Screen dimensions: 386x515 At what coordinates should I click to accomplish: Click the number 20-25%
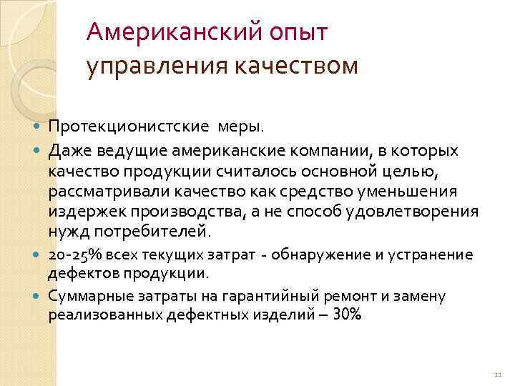point(75,255)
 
